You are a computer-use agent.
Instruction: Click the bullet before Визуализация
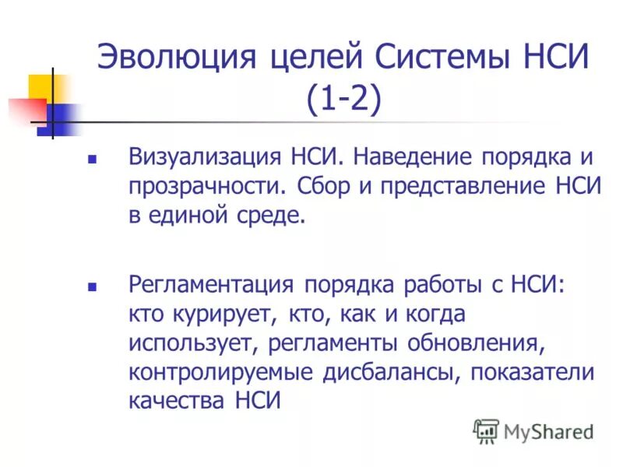92,159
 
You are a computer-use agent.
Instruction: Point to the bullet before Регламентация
92,286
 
